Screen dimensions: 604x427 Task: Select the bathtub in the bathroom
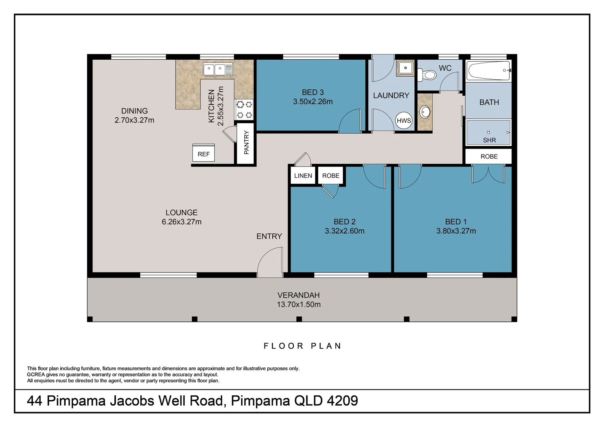[488, 71]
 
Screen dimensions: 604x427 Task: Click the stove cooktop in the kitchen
[244, 110]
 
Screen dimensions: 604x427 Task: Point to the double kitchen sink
[218, 69]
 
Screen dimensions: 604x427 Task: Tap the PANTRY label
[246, 142]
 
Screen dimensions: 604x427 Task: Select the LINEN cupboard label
[303, 176]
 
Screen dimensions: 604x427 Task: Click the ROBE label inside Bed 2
[330, 176]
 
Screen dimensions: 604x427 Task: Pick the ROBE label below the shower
[489, 157]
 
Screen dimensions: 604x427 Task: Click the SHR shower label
[489, 140]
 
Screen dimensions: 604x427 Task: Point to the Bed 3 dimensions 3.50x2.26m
[313, 102]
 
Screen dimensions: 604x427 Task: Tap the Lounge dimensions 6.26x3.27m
[181, 222]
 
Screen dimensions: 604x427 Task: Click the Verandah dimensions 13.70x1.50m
[298, 304]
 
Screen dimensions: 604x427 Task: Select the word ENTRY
[269, 236]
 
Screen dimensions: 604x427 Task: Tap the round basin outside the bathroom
[425, 112]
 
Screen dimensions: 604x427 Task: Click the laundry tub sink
[405, 68]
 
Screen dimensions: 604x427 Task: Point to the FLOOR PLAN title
[302, 346]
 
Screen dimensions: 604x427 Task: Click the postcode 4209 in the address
[342, 401]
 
